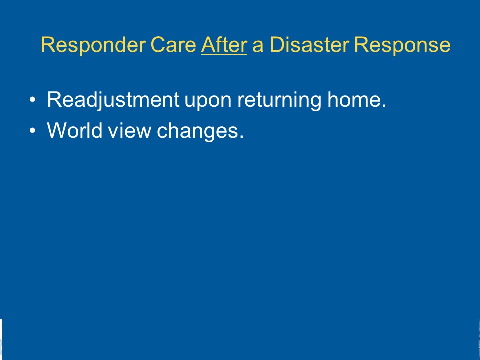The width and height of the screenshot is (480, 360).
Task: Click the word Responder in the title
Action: [x=93, y=46]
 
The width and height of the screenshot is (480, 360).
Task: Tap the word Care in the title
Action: [x=173, y=45]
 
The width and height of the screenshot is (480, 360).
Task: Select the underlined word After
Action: [x=224, y=45]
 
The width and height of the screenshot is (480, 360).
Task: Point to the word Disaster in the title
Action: [x=309, y=45]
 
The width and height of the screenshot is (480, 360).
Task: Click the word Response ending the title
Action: [x=402, y=46]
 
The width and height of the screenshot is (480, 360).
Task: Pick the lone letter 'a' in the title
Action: [x=258, y=47]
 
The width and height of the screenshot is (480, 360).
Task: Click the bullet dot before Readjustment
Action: [x=33, y=100]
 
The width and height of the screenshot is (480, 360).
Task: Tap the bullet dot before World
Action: [x=33, y=130]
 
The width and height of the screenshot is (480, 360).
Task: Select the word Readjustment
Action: [x=113, y=100]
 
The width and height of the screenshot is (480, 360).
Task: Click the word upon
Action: [x=208, y=102]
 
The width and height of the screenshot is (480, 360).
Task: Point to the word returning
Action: [x=279, y=101]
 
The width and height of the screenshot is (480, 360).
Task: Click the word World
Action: [x=74, y=130]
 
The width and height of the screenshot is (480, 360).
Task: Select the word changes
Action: [x=197, y=131]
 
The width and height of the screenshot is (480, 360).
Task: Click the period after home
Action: [x=384, y=106]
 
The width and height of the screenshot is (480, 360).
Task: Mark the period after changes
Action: [x=242, y=137]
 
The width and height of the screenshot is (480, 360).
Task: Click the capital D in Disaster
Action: [x=277, y=45]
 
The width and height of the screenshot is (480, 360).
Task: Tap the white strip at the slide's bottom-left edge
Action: [x=1, y=339]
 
